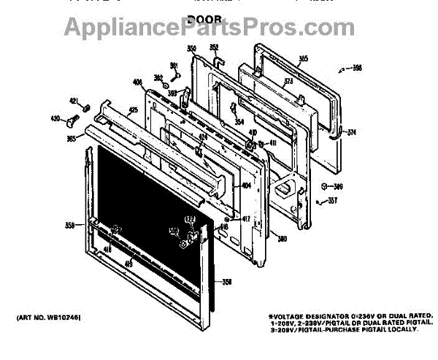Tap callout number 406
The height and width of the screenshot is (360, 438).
(138, 82)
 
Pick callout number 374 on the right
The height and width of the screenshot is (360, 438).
(351, 132)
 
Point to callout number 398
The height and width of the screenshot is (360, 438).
(357, 68)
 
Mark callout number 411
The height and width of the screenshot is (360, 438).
(272, 142)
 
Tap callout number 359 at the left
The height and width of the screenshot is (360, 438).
(71, 225)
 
